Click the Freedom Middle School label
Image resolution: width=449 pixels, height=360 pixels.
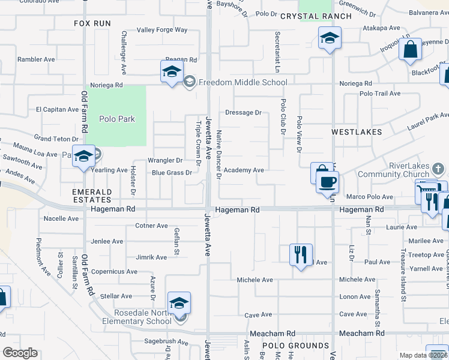(x=235, y=82)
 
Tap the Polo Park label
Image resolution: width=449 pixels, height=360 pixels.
(x=118, y=119)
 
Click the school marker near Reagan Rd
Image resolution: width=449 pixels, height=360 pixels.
(x=171, y=71)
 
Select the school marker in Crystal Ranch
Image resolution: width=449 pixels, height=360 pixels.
(x=329, y=39)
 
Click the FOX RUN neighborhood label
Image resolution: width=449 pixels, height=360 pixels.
(x=92, y=23)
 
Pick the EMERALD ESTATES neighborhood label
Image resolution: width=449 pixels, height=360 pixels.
(x=92, y=195)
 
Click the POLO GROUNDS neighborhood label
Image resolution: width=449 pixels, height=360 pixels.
(x=295, y=346)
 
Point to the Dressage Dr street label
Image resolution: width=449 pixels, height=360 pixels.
(x=243, y=112)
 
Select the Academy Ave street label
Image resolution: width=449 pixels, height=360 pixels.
(x=244, y=170)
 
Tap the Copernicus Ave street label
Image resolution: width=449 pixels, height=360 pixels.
(x=115, y=271)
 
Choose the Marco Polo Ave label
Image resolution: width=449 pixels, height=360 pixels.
(x=369, y=197)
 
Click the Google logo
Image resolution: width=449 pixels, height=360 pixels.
(x=20, y=353)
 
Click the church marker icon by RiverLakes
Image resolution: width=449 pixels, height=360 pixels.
(x=438, y=167)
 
